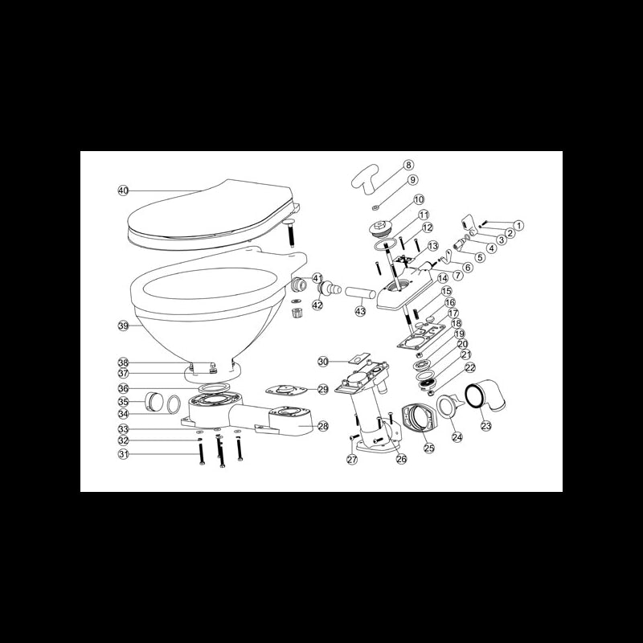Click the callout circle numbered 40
[x=123, y=191]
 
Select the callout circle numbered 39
[x=123, y=326]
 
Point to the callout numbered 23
[x=485, y=427]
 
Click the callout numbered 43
[x=360, y=312]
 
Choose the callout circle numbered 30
[x=323, y=362]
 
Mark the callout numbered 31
[x=123, y=454]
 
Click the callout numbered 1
[x=518, y=226]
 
